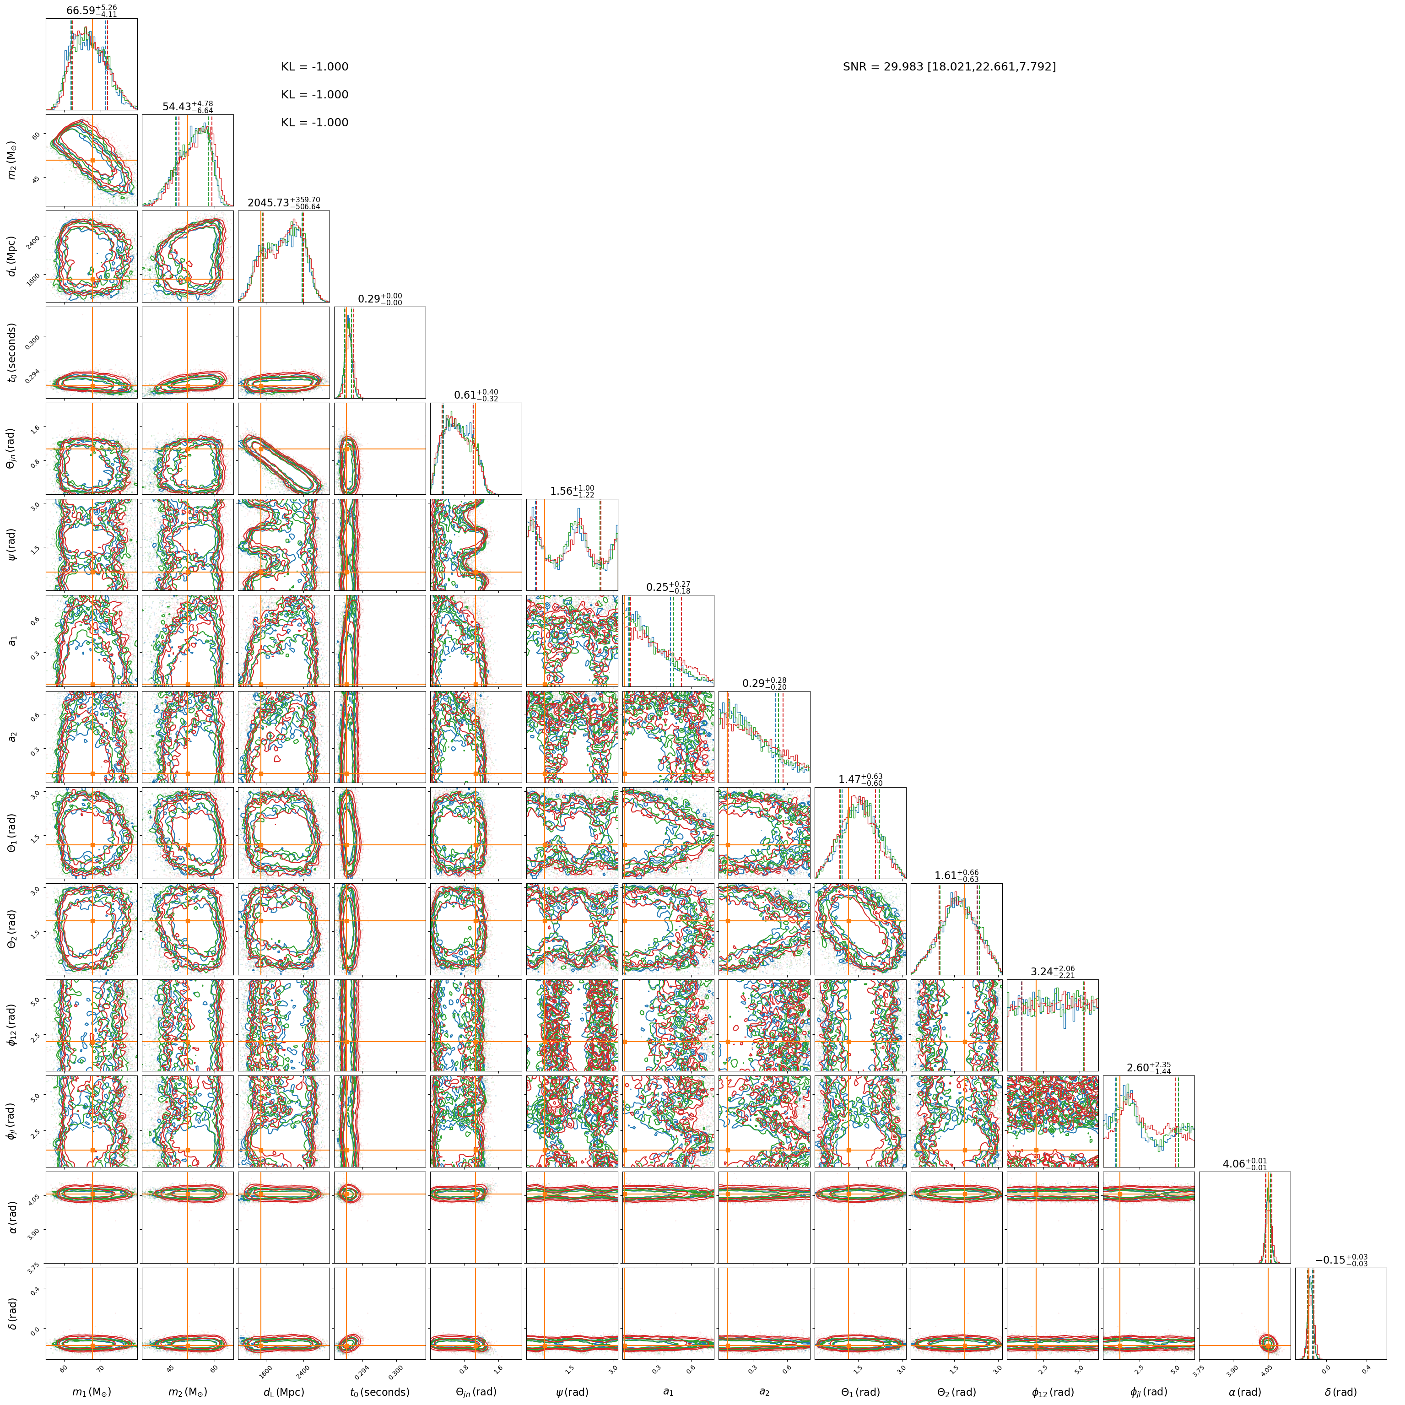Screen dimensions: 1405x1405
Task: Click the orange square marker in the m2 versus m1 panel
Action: pyautogui.click(x=92, y=160)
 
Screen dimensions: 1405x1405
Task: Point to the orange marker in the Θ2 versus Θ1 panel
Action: pyautogui.click(x=848, y=921)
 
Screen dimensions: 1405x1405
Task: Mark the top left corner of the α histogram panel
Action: pyautogui.click(x=1199, y=1172)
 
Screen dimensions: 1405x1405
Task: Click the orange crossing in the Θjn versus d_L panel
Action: pyautogui.click(x=260, y=449)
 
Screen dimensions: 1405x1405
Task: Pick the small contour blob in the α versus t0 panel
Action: pyautogui.click(x=349, y=1194)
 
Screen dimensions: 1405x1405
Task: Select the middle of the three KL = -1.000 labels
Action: pyautogui.click(x=315, y=95)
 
